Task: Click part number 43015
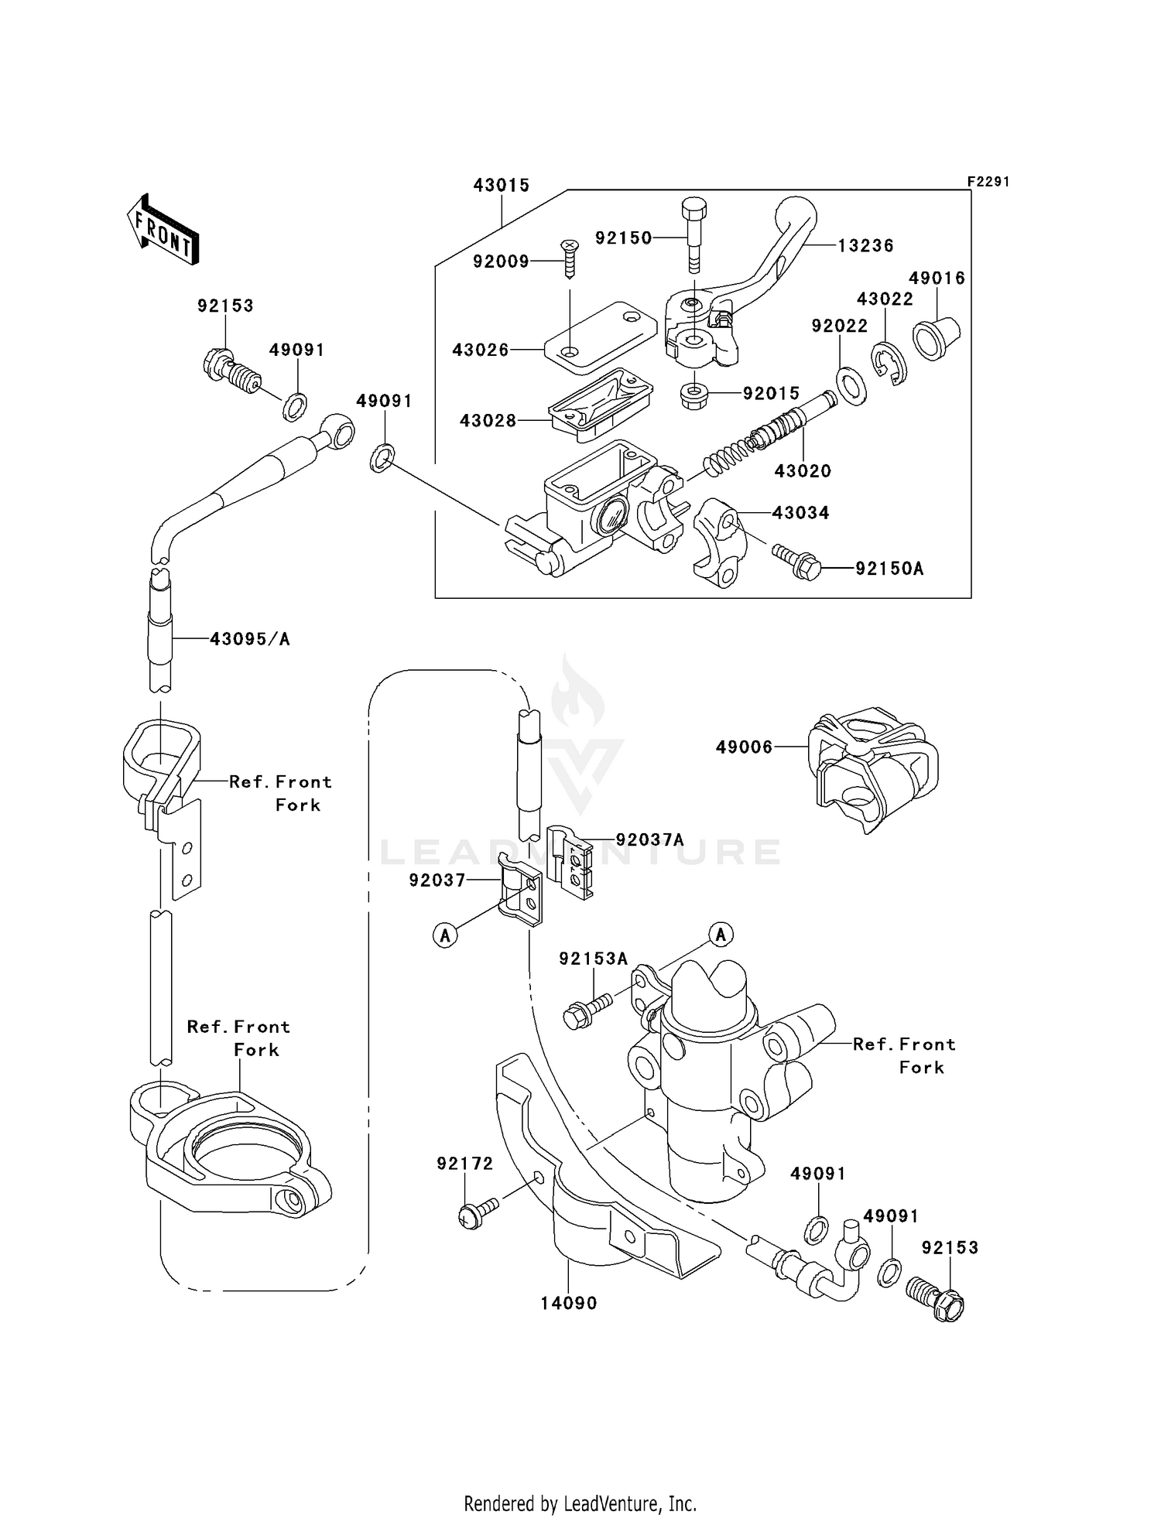tap(502, 186)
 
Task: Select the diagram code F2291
tap(988, 182)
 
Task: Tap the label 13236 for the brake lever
tap(866, 246)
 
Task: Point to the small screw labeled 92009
tap(570, 259)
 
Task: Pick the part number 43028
tap(488, 421)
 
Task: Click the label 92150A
tap(889, 569)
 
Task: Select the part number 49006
tap(744, 747)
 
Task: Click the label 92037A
tap(650, 839)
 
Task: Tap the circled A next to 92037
tap(445, 935)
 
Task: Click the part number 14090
tap(569, 1304)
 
